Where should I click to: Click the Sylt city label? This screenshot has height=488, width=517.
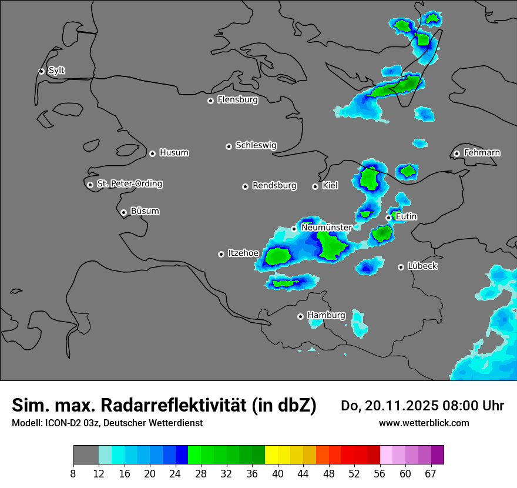tap(56, 71)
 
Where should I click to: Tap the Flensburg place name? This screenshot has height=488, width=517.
tap(237, 100)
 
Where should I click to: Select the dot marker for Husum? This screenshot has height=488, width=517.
tap(152, 153)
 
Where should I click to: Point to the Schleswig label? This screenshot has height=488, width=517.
tap(256, 145)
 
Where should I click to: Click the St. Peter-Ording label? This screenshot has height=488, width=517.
tap(129, 184)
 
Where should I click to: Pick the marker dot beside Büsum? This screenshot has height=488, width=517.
tap(123, 212)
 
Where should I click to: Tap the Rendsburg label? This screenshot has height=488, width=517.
tap(274, 186)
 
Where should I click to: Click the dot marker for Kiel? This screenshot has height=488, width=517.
tap(315, 186)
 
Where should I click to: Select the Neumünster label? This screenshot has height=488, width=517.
tap(326, 228)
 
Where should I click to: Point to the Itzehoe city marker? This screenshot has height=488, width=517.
tap(221, 254)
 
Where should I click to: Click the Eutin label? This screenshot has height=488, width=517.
tap(406, 217)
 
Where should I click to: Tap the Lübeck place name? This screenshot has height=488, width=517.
tap(422, 266)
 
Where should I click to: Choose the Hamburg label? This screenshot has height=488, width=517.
tap(326, 316)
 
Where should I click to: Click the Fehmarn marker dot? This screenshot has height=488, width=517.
tap(456, 153)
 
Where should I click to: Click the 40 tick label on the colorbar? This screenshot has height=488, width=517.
tap(278, 474)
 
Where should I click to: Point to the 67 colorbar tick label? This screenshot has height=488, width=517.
tap(431, 474)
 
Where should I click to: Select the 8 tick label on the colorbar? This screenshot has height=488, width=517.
tap(73, 474)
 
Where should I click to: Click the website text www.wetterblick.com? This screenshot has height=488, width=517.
tap(424, 423)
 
